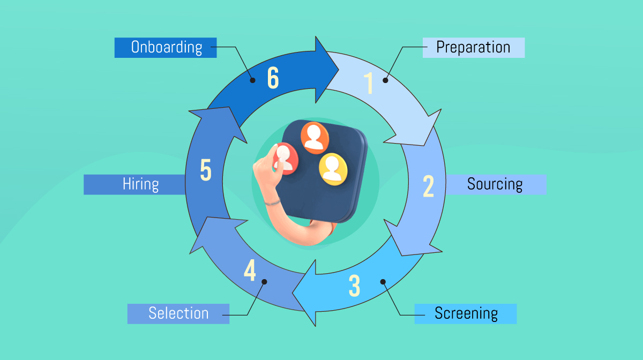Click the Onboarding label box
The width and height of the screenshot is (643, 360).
coord(166,47)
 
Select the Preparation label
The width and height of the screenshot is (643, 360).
coord(473,47)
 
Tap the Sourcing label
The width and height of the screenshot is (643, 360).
coord(496,184)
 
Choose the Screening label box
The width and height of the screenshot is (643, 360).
coord(465,313)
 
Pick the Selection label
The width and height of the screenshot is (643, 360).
coord(178,313)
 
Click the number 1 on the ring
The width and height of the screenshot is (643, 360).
coord(369,83)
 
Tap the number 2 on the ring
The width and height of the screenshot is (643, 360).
coord(428,186)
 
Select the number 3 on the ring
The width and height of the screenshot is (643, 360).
coord(354,286)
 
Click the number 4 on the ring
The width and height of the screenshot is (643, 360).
coord(250,271)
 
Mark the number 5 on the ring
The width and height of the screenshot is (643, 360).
coord(206,170)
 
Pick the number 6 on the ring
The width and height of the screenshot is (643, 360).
coord(273,79)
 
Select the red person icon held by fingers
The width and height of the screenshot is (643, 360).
coord(286,158)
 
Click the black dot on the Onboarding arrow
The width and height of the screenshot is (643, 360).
coord(252,80)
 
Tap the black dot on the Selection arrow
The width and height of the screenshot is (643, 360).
coord(264,281)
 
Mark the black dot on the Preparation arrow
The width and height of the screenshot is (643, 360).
coord(385,80)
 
